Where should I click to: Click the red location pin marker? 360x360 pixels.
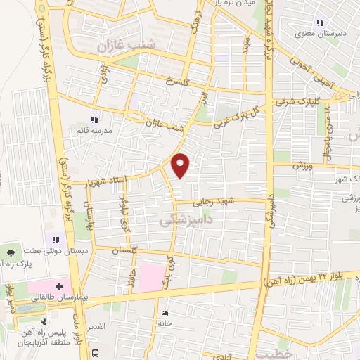181,165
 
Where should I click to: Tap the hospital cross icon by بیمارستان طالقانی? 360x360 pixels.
59,287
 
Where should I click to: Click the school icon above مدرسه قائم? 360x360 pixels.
94,120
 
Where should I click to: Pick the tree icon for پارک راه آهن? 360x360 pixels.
11,251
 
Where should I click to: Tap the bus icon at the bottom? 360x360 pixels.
96,354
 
